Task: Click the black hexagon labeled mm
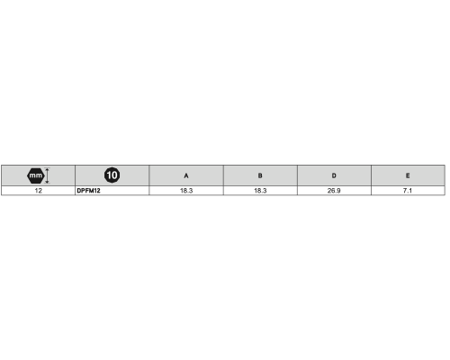pyautogui.click(x=36, y=175)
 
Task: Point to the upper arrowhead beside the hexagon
pyautogui.click(x=47, y=169)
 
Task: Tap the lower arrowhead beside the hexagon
pyautogui.click(x=47, y=182)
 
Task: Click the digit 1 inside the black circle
pyautogui.click(x=109, y=175)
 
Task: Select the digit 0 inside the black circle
pyautogui.click(x=114, y=175)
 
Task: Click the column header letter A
pyautogui.click(x=186, y=175)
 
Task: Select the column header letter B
pyautogui.click(x=260, y=175)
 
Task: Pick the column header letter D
pyautogui.click(x=334, y=175)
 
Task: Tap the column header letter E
pyautogui.click(x=408, y=175)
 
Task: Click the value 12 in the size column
pyautogui.click(x=39, y=191)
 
